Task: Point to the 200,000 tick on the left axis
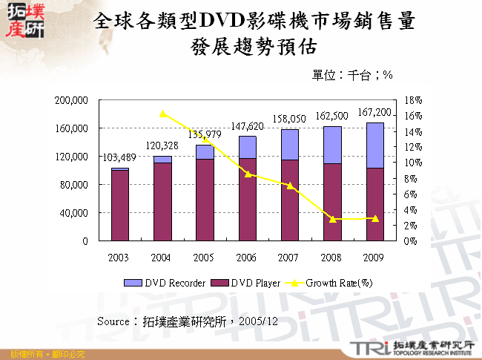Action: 73,99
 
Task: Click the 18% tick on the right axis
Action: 414,99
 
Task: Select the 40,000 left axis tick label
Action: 75,213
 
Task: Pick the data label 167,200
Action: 374,112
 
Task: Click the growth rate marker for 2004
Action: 162,114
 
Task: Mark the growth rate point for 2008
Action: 332,219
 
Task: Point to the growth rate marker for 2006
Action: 248,174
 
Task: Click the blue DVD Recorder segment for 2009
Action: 374,145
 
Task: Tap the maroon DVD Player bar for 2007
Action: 290,200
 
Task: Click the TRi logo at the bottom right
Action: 369,347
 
